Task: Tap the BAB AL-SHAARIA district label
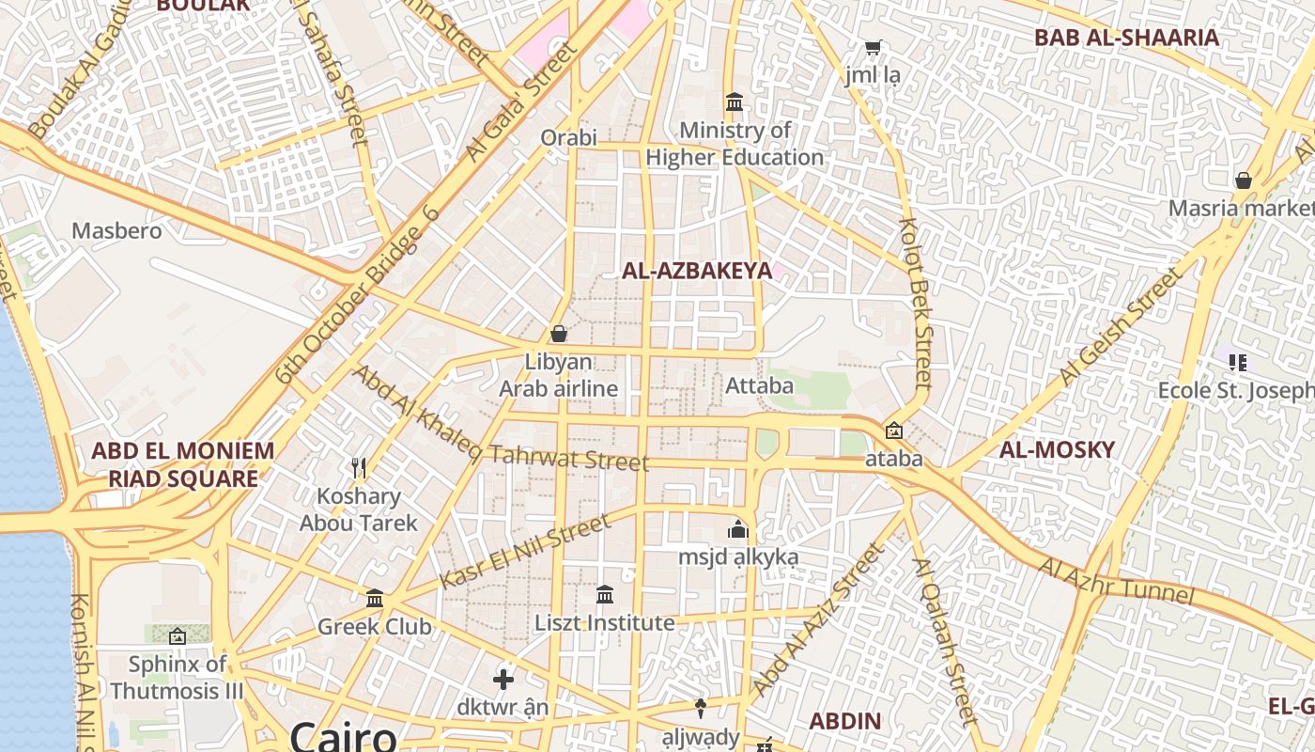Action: click(1126, 38)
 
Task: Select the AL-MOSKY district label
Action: click(1056, 449)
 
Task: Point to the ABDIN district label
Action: click(845, 721)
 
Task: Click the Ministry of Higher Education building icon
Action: click(735, 102)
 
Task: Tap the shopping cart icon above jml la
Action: click(873, 46)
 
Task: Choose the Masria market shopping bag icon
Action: click(1244, 180)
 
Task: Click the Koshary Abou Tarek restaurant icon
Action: click(358, 467)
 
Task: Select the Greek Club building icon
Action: click(375, 598)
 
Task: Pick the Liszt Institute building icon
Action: click(605, 594)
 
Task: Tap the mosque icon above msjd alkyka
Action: click(738, 529)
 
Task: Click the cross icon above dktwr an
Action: click(503, 679)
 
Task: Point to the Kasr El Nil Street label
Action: click(525, 552)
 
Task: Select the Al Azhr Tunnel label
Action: click(1116, 580)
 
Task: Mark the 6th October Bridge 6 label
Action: click(357, 294)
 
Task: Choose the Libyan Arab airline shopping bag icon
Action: click(559, 334)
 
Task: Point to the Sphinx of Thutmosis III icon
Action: click(177, 636)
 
